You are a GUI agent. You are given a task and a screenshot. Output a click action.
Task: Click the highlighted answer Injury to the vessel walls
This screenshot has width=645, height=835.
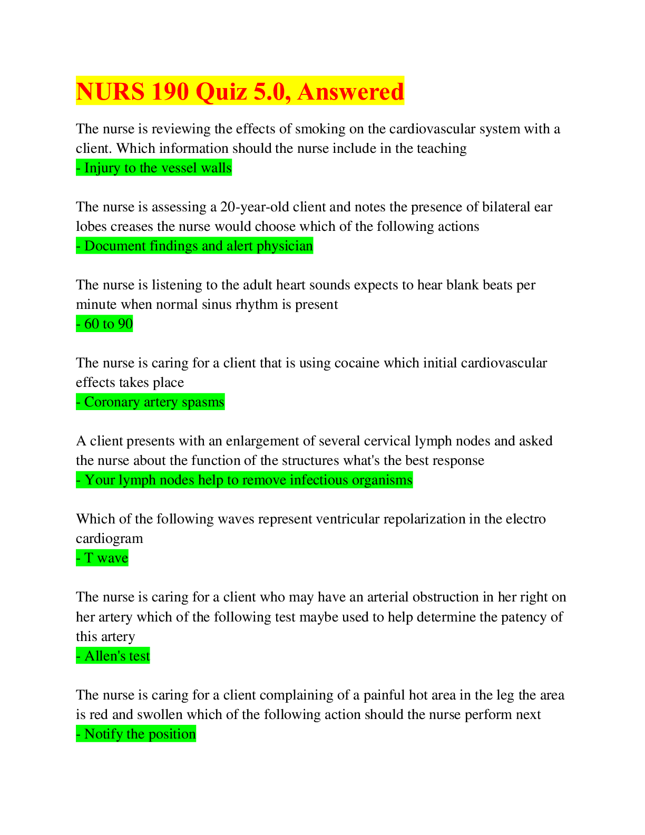pos(154,168)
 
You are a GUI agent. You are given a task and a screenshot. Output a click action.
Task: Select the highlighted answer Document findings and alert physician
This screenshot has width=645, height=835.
pos(194,246)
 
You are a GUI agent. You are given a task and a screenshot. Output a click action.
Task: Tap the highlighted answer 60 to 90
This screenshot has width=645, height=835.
pos(104,324)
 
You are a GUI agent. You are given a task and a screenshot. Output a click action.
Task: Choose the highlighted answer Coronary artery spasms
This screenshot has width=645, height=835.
pos(150,402)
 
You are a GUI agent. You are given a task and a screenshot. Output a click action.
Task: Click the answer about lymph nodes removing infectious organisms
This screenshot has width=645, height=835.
pos(245,480)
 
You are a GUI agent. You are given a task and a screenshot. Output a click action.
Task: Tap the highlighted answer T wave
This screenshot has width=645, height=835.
pos(102,558)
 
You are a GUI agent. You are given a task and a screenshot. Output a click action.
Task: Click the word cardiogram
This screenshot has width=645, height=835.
pos(110,539)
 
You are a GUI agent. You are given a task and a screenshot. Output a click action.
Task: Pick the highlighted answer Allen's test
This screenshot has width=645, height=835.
pos(113,656)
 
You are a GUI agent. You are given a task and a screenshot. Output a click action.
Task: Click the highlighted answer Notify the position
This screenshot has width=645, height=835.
pos(135,734)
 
